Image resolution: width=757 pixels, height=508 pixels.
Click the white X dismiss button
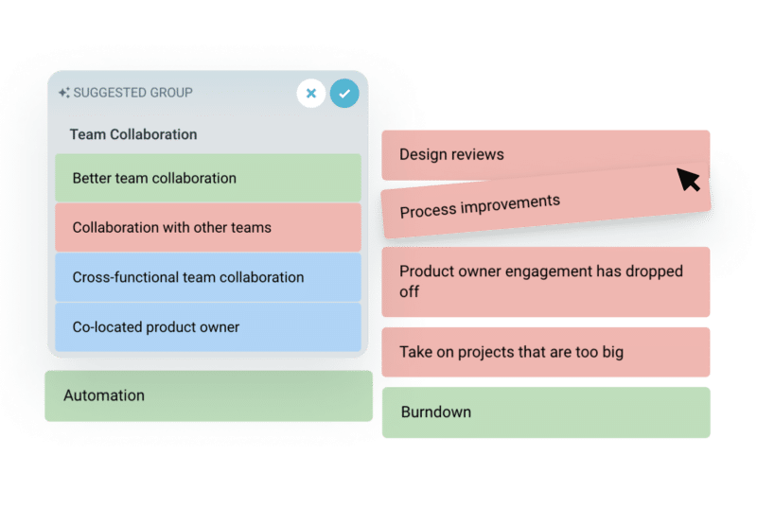(x=311, y=94)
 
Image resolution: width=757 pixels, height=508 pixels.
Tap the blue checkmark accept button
(x=344, y=94)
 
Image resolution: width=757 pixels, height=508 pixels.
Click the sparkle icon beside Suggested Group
(x=63, y=93)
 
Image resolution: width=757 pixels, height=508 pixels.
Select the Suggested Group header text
(x=132, y=93)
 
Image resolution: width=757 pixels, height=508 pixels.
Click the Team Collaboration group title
(x=133, y=134)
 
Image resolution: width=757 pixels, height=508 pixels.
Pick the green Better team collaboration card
(x=208, y=178)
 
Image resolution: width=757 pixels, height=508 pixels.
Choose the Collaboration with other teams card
(x=208, y=227)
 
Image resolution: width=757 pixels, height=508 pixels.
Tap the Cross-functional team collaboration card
(x=208, y=277)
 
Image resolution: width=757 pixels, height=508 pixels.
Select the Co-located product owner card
(x=208, y=327)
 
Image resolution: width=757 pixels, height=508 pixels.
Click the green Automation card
(x=208, y=395)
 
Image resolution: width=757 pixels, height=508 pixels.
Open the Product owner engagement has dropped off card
(x=545, y=281)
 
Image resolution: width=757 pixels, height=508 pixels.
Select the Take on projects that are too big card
(x=545, y=352)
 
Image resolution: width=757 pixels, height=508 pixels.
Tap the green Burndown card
(x=545, y=412)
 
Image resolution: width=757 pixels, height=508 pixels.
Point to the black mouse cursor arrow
(x=688, y=179)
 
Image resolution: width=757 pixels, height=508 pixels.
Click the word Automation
(x=104, y=395)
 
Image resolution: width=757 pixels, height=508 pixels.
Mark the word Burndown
(x=436, y=412)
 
